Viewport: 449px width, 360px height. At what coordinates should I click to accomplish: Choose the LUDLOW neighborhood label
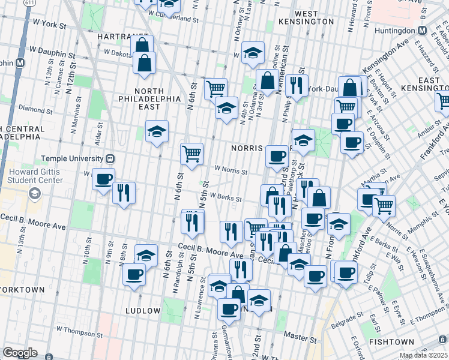click(142, 311)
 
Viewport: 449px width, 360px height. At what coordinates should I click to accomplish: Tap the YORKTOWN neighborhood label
click(23, 289)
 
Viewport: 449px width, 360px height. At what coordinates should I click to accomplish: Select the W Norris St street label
click(231, 171)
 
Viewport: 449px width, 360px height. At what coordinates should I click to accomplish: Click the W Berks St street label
click(225, 199)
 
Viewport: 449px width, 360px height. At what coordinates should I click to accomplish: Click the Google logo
click(20, 353)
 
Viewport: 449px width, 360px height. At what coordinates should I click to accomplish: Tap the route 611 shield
click(29, 4)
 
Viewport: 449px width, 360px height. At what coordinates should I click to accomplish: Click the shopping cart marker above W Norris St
click(192, 154)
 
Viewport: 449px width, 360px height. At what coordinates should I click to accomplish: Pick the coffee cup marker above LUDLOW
click(134, 274)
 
